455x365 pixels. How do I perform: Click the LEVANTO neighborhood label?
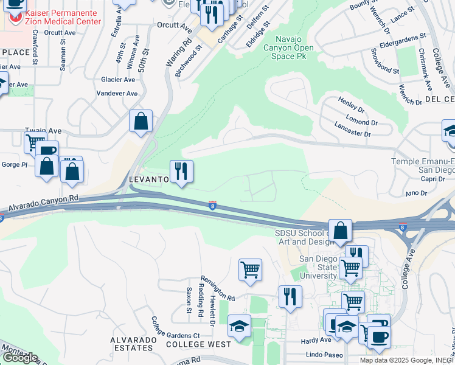(148, 180)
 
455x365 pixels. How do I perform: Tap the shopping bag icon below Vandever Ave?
(141, 121)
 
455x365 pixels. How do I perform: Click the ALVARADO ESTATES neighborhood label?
(131, 344)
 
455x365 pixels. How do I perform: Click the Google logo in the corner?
(20, 358)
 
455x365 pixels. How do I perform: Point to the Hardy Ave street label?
(316, 341)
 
